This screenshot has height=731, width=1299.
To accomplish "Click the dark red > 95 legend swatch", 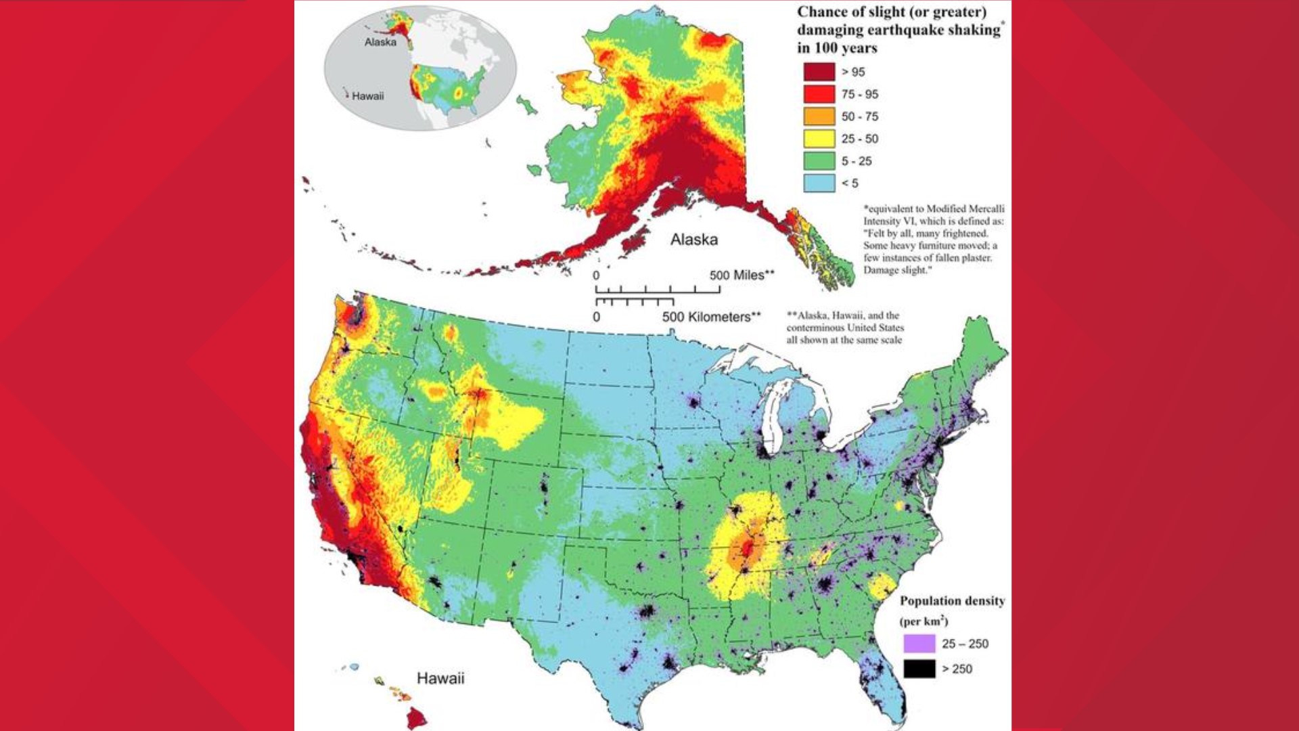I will coord(819,72).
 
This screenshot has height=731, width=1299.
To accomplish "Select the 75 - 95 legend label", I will coord(859,94).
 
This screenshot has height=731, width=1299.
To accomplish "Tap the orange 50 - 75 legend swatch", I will coord(819,116).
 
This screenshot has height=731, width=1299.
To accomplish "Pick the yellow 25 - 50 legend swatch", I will coord(819,139).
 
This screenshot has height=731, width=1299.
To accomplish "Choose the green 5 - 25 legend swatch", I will coord(819,161).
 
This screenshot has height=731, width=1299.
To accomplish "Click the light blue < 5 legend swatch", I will coord(819,183).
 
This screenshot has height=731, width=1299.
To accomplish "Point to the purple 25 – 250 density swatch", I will coord(919,643).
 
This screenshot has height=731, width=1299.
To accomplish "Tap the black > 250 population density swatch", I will coord(919,669).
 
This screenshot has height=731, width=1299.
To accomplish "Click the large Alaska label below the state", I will coord(693,240).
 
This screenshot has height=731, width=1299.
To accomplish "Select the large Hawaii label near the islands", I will coord(440,678).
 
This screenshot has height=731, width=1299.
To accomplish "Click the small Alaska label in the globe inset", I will coord(380,42).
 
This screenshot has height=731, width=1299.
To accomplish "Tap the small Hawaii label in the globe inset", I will coord(367,96).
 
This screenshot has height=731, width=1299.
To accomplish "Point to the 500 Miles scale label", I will coord(742,275).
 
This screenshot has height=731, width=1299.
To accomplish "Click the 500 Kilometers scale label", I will coord(711,317).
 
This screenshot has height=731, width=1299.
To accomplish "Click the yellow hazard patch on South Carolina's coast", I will coord(881,585).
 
